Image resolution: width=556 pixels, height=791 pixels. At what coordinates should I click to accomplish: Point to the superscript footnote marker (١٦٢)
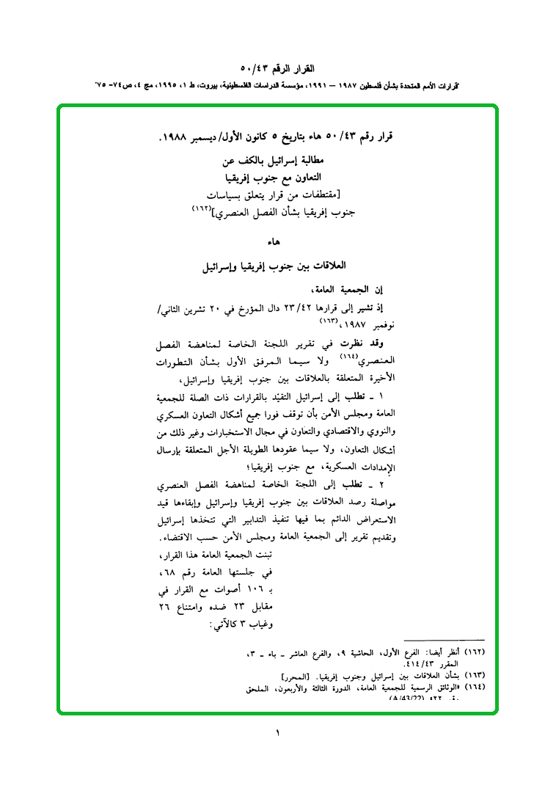[200, 209]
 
